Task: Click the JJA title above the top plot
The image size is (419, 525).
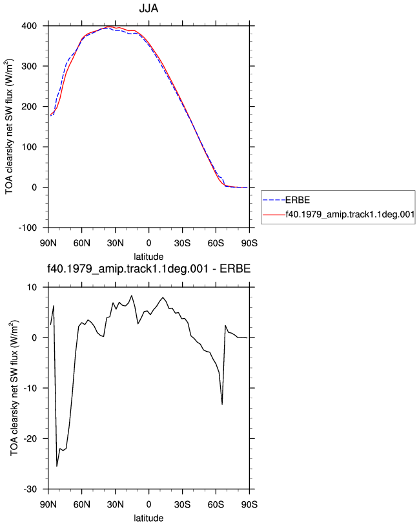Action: (148, 8)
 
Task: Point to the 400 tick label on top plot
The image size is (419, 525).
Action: (29, 26)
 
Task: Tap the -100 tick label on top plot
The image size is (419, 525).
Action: (27, 228)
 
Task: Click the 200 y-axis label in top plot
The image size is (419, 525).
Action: (29, 107)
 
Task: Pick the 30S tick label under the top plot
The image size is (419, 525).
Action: (182, 243)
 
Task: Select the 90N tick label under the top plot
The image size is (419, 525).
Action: (48, 243)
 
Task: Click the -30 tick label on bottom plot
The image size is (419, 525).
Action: (30, 489)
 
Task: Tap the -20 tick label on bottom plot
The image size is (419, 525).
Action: (30, 438)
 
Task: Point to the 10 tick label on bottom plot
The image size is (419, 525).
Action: (32, 287)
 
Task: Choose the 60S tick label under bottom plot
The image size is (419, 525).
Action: (216, 504)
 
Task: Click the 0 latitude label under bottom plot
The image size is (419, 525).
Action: (148, 504)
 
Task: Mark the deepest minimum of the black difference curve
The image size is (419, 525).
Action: (57, 466)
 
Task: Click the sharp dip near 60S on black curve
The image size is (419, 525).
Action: (222, 404)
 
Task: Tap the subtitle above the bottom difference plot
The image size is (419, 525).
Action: (148, 268)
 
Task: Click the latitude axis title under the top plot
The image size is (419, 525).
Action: (148, 257)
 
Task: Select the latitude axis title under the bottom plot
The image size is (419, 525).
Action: (148, 519)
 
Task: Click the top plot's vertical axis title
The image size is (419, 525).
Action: (9, 127)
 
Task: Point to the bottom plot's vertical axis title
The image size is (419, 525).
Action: (14, 388)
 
